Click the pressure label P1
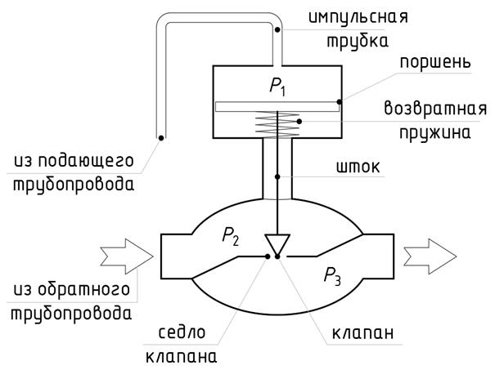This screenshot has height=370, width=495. point(278,87)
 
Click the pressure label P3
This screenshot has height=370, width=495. point(332,276)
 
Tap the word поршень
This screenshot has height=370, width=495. point(435,63)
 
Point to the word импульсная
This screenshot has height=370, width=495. point(358,16)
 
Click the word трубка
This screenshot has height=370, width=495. point(358,42)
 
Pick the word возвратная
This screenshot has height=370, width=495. point(435,109)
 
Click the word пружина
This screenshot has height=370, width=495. point(435,133)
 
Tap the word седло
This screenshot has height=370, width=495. point(182,332)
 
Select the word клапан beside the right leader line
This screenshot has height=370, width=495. point(362,333)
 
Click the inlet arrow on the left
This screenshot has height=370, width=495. point(127,256)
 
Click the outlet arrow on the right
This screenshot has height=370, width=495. point(430,256)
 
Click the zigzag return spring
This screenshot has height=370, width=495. point(277,124)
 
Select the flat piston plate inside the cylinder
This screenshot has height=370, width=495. point(277,106)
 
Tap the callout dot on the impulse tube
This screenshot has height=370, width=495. point(277,29)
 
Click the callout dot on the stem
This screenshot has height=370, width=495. point(277,176)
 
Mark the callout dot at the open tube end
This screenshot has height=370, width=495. point(161,138)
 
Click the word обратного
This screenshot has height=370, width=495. point(84,290)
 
